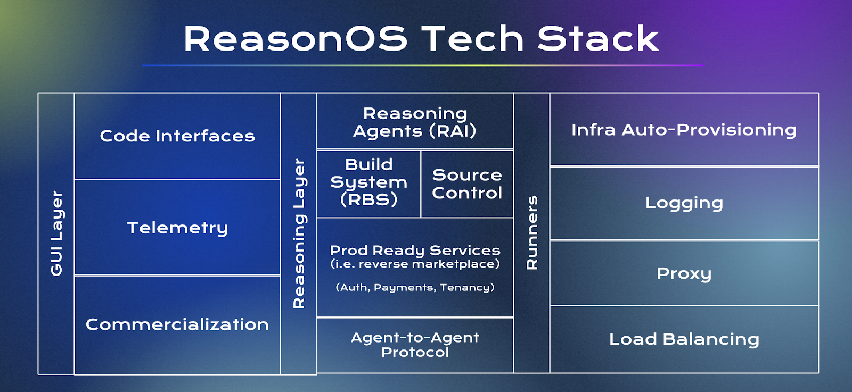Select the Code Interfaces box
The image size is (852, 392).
tap(177, 136)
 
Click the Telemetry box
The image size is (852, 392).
tap(177, 227)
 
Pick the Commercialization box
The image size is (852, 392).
tap(177, 325)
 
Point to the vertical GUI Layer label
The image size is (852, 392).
tap(56, 233)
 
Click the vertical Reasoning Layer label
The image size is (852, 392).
tap(299, 233)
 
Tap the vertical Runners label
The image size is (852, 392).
tap(532, 233)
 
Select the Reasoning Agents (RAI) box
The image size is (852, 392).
tap(415, 121)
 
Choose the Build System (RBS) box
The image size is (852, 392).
tap(368, 184)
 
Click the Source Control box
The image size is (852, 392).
tap(467, 184)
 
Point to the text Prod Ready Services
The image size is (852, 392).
tap(415, 251)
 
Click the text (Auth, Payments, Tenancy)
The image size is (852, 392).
tap(415, 287)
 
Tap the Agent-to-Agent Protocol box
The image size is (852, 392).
tap(415, 345)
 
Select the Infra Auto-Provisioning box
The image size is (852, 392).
tap(684, 129)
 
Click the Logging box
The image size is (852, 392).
tap(684, 203)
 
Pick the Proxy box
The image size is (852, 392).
tap(684, 273)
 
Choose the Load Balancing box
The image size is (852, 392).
tap(684, 339)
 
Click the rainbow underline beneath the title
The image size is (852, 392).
tap(423, 66)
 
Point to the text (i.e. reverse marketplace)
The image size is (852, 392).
tap(415, 264)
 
